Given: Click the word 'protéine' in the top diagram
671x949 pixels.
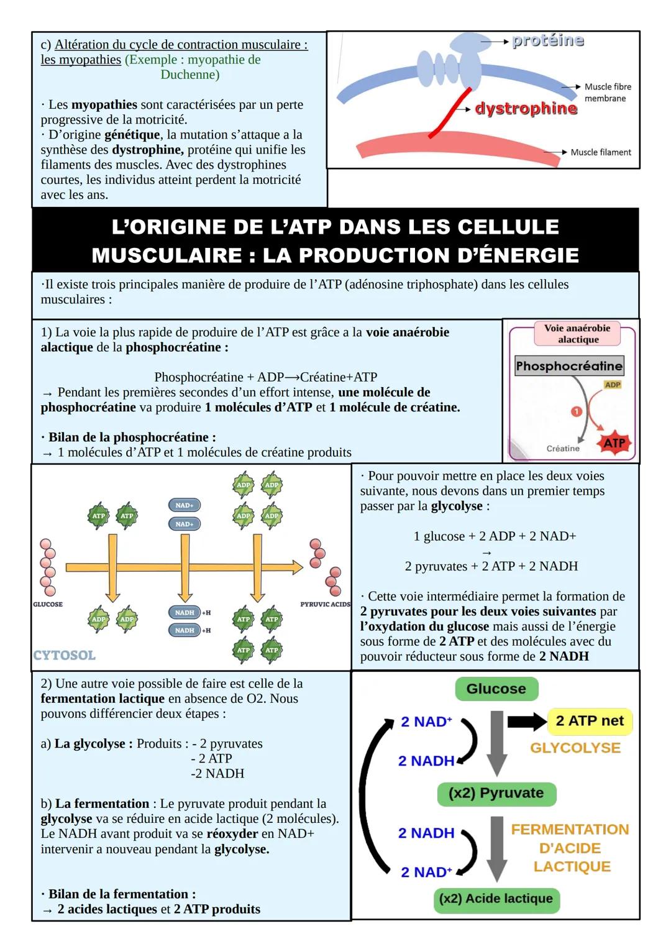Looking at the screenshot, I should click(547, 41).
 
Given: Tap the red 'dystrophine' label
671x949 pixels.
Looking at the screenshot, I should click(526, 109).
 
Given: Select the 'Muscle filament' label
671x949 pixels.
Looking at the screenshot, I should click(600, 152).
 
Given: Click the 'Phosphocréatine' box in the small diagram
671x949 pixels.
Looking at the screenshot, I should click(568, 366).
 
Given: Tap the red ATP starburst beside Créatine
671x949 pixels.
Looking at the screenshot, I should click(614, 442).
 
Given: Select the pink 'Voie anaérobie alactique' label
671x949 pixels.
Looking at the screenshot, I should click(577, 334).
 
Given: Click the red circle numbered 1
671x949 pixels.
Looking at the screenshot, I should click(576, 411).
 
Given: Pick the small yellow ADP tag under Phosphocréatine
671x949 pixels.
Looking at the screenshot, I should click(612, 385).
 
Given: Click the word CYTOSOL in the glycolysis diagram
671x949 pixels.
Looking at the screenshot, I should click(64, 656).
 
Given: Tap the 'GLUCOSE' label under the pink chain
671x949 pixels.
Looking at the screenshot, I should click(48, 604).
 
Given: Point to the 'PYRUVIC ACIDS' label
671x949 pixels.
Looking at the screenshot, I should click(325, 604).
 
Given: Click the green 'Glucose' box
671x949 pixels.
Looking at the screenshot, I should click(496, 689).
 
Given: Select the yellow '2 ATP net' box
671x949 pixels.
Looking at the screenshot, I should click(589, 721).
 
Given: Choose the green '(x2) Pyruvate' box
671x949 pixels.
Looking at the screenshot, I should click(496, 793).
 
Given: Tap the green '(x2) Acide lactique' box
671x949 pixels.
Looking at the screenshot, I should click(496, 899).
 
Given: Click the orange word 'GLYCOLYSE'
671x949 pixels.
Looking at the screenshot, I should click(575, 748).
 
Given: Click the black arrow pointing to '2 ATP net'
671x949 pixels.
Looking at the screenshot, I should click(527, 722).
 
